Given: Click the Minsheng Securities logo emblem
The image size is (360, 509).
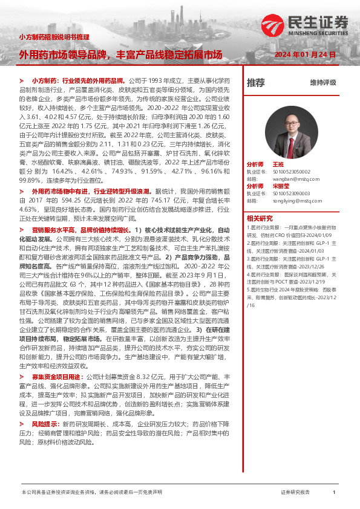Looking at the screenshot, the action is point(273,25).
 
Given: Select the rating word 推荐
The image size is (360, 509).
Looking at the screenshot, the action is point(256,83).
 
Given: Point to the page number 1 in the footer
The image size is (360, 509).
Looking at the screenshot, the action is point(334,493).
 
